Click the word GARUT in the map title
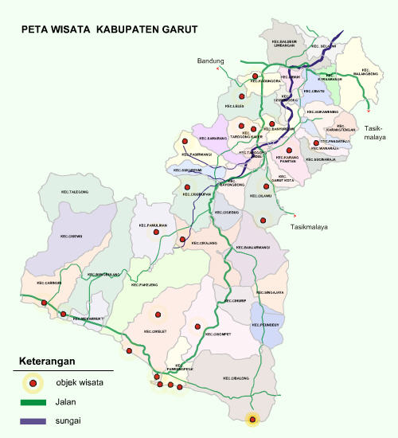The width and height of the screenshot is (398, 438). click(x=174, y=29)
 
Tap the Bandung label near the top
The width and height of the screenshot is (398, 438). click(x=211, y=61)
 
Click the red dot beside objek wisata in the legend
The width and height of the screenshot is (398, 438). click(x=33, y=384)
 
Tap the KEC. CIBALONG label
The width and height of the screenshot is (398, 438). click(x=237, y=377)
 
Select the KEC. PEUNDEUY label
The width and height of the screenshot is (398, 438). click(x=266, y=325)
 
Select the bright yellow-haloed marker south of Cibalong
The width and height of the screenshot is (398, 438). click(x=252, y=419)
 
